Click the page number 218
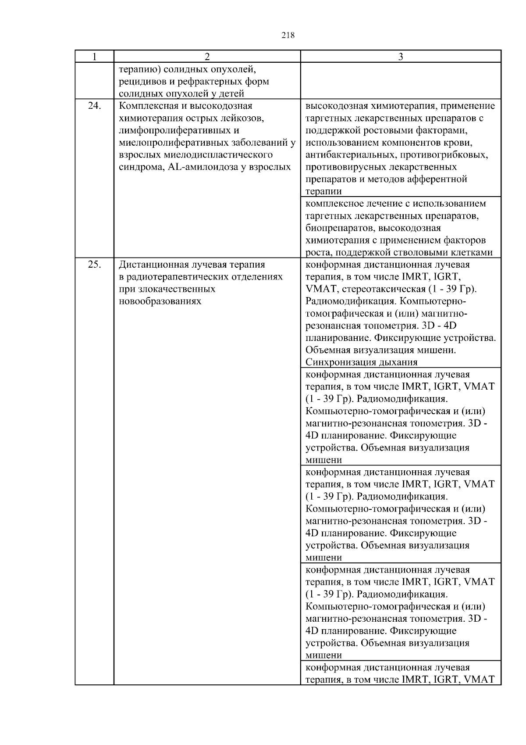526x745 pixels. click(x=288, y=36)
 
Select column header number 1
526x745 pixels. click(x=94, y=57)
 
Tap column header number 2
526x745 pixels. click(x=207, y=57)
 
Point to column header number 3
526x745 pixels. click(x=401, y=57)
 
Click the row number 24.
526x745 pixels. click(x=94, y=106)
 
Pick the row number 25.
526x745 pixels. click(x=94, y=265)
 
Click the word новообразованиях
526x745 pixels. click(x=160, y=301)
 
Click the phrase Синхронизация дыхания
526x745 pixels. click(x=361, y=362)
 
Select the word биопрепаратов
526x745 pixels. click(x=340, y=228)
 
